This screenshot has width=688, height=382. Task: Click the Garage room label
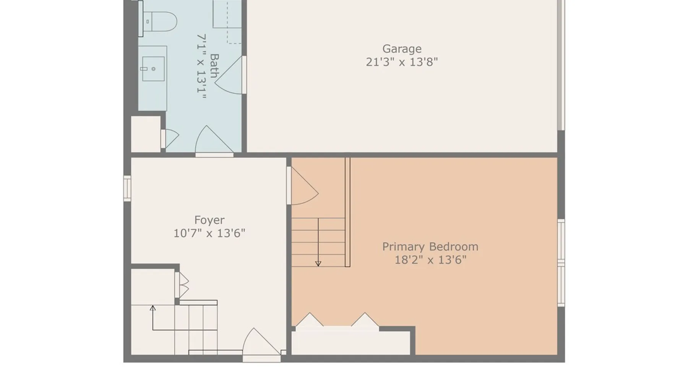point(402,49)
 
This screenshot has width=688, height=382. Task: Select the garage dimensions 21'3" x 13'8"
point(402,62)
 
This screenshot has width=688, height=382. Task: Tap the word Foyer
point(209,220)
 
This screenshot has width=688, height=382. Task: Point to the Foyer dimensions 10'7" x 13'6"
point(209,233)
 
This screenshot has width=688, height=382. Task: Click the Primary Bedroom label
point(430,247)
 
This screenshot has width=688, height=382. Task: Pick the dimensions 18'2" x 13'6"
point(430,260)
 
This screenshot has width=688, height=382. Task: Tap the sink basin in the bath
point(153,69)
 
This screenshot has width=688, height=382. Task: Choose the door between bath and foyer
point(214,141)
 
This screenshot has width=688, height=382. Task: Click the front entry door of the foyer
point(262,344)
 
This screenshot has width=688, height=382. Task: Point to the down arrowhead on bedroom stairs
point(318,264)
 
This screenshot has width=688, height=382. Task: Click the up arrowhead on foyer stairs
point(153,308)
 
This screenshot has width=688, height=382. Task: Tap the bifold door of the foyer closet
point(182,285)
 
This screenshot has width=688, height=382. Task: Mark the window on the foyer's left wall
point(127,188)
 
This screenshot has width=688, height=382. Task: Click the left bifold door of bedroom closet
point(310,320)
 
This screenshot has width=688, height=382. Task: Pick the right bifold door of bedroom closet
point(365,320)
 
